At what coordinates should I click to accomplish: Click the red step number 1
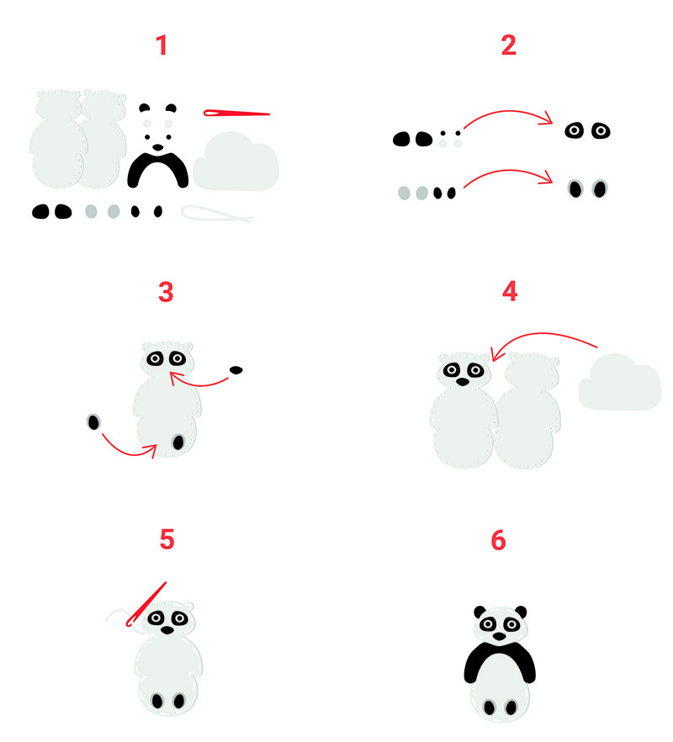coord(162,45)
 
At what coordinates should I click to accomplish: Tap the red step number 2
coord(509,45)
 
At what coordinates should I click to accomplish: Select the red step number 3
coord(166,292)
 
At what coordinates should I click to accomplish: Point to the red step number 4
coord(510,291)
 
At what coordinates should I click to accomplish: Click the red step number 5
coord(167,539)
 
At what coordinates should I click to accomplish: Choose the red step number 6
coord(498,540)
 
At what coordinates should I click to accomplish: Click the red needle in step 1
coord(236,113)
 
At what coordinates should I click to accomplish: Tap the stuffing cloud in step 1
coord(236,162)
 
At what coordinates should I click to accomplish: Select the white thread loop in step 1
coord(217,214)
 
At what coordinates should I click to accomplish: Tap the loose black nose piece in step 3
coord(236,370)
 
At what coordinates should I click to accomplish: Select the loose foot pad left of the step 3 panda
coord(93,422)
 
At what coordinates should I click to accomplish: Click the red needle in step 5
coord(146,605)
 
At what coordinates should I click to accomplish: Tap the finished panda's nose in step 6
coord(500,637)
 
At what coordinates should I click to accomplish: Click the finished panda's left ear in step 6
coord(480,612)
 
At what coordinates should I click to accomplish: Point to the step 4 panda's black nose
coord(463,381)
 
